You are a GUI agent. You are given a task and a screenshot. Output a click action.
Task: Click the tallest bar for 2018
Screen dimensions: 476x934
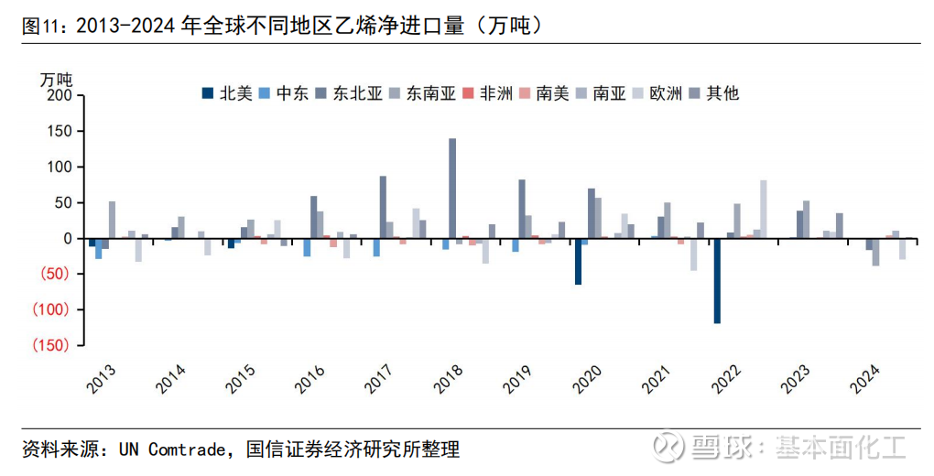click(x=452, y=188)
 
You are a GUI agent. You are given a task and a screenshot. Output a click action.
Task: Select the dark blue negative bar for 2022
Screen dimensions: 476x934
click(x=717, y=280)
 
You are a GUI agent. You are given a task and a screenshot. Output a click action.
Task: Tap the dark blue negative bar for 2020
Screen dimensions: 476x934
click(x=579, y=261)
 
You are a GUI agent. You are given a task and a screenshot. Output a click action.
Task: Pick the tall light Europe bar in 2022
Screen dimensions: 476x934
click(x=763, y=209)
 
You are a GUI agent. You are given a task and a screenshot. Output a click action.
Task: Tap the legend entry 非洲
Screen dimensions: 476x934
click(x=487, y=93)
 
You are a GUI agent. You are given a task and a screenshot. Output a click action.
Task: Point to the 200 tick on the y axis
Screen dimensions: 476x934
click(x=58, y=95)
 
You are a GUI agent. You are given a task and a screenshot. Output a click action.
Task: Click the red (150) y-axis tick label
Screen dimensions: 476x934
click(x=52, y=345)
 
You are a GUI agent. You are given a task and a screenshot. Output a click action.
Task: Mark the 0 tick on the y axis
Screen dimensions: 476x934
click(x=66, y=238)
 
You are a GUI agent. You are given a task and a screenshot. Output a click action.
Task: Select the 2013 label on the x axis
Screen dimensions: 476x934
click(x=102, y=380)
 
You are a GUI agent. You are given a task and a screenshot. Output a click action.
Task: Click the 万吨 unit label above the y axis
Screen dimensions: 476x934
click(x=57, y=79)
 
